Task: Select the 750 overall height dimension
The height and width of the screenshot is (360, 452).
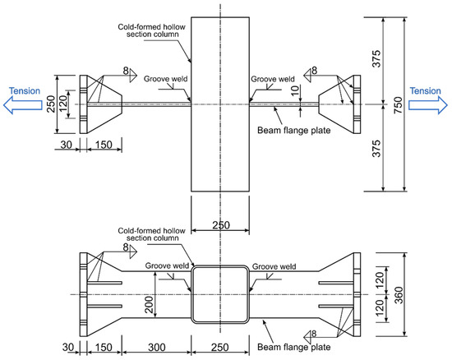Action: coord(421,104)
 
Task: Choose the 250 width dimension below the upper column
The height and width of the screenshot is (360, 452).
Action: coord(220,224)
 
